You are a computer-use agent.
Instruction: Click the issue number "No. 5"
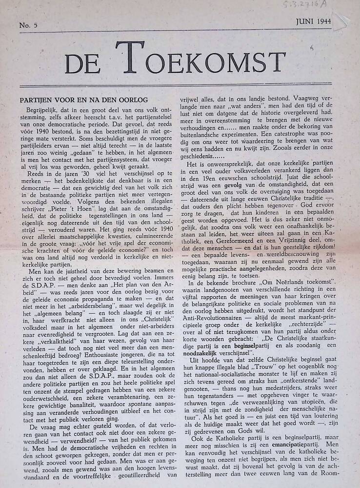pyautogui.click(x=29, y=24)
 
